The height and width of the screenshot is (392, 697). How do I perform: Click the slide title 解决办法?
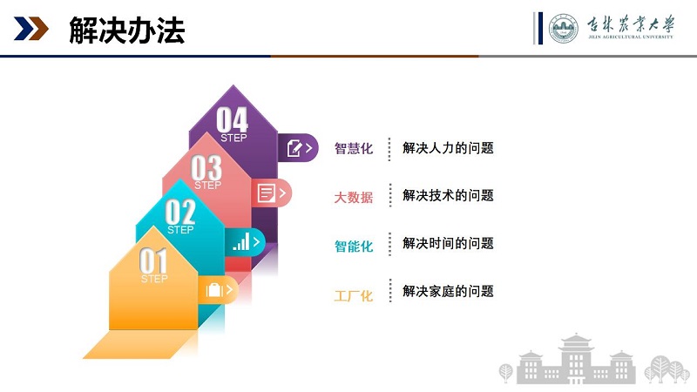point(126,30)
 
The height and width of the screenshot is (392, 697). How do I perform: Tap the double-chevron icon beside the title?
point(30,29)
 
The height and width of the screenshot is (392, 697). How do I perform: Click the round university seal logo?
point(563,28)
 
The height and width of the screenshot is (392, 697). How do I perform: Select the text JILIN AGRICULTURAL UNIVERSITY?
point(630,37)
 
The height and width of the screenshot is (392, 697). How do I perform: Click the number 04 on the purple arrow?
point(232,120)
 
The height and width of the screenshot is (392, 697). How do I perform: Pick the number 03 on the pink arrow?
point(206,167)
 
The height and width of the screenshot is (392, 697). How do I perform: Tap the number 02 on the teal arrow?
point(180,212)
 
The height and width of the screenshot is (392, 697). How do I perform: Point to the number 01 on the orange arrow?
point(153,260)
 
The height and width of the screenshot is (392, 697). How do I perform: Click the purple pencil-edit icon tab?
point(298,148)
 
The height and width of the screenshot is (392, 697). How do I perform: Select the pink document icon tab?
point(271,193)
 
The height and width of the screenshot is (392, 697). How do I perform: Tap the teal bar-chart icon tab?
point(246,242)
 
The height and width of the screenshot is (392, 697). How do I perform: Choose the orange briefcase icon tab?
point(219,290)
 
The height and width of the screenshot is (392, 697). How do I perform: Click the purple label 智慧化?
point(354,148)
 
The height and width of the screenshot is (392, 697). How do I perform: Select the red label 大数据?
point(354,198)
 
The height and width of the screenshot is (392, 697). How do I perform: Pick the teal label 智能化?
point(354,247)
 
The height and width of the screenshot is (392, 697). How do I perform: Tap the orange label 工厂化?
point(354,295)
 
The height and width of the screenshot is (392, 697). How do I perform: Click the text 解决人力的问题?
point(448,148)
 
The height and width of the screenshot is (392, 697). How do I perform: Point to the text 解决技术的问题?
point(448,195)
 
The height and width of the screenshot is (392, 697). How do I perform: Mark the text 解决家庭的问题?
point(448,291)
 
